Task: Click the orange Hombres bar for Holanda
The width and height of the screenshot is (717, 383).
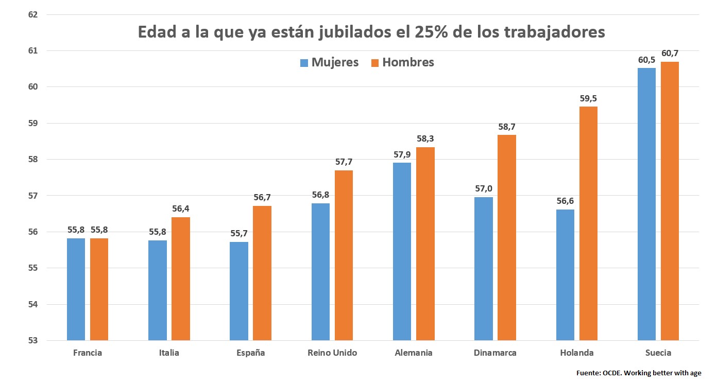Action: click(588, 223)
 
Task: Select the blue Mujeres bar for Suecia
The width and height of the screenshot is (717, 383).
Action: click(646, 204)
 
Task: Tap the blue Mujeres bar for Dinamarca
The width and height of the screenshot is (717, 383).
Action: click(483, 269)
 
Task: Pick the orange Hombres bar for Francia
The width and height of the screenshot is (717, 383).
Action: click(99, 289)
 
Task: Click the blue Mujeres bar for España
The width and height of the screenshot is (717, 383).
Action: click(239, 291)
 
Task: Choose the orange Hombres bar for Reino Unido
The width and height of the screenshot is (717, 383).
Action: click(344, 255)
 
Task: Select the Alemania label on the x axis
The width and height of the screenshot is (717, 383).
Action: click(414, 353)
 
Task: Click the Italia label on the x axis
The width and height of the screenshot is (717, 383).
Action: click(169, 353)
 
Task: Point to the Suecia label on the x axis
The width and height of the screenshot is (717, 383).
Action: click(658, 353)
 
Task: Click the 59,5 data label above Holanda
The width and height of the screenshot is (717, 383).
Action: click(588, 98)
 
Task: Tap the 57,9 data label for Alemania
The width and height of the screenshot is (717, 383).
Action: click(402, 154)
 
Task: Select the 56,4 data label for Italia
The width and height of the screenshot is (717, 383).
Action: click(181, 209)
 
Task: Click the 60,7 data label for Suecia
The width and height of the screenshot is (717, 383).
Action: click(670, 53)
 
